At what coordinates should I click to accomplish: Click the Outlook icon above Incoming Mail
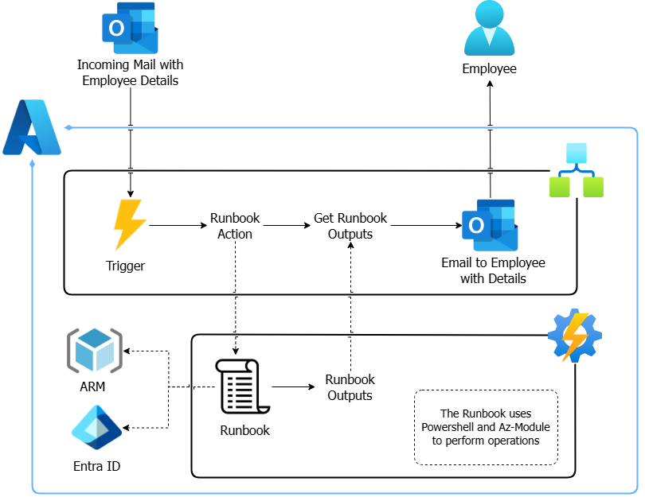[130, 27]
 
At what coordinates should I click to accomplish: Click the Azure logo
[32, 128]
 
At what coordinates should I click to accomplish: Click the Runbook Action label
[235, 226]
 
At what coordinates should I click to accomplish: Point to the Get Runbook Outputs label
[350, 226]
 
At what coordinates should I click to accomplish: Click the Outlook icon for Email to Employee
[490, 226]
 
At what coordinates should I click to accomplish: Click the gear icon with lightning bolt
[575, 335]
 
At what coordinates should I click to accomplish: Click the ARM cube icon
[95, 350]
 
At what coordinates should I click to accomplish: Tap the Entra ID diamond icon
[96, 428]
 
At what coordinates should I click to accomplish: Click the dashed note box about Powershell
[486, 427]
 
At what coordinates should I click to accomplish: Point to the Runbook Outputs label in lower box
[350, 387]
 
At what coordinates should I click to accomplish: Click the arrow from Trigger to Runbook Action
[177, 226]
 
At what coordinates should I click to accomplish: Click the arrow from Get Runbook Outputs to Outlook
[426, 226]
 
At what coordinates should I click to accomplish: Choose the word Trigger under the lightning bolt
[126, 266]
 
